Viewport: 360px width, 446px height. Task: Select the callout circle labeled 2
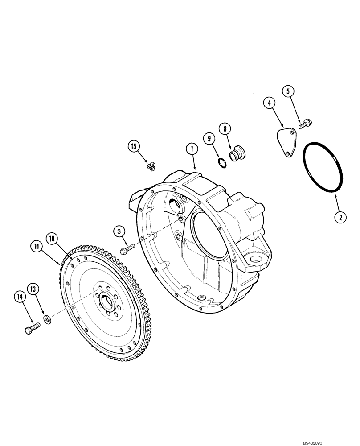340,217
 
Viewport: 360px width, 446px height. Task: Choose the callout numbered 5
288,91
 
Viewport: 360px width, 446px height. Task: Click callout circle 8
225,129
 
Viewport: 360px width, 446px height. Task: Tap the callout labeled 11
36,245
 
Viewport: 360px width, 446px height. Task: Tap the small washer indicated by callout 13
47,319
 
